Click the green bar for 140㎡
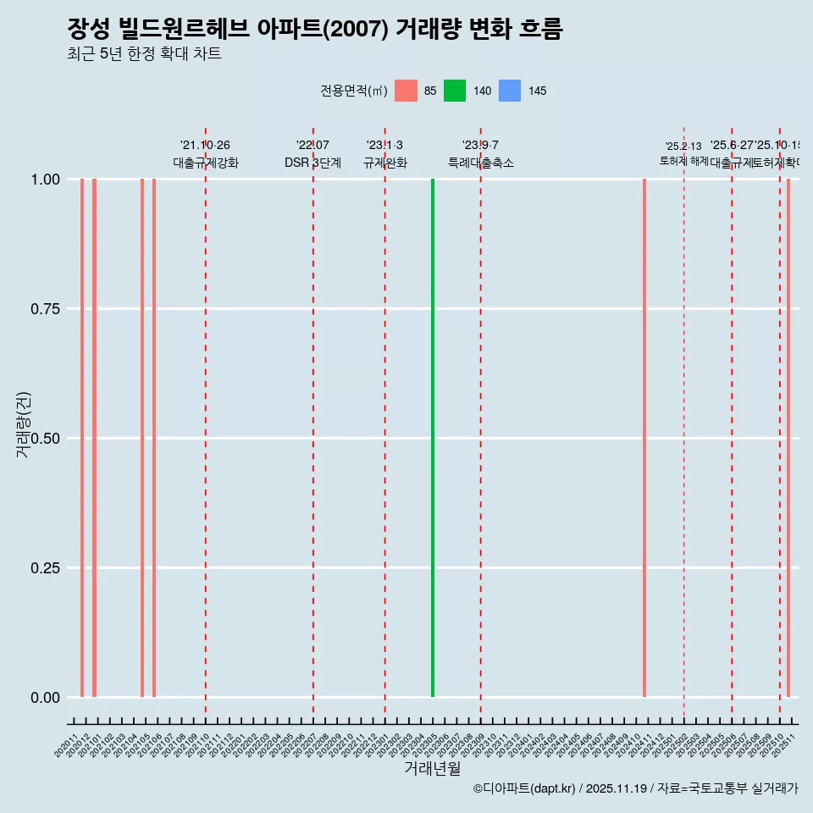433,438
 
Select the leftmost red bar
82,438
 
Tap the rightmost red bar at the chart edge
788,438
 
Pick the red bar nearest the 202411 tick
644,438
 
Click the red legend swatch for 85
406,91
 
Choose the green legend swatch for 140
455,91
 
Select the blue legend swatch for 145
510,91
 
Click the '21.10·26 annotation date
205,146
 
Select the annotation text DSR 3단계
312,163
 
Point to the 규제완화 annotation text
385,163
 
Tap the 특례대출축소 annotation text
481,163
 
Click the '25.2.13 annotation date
683,147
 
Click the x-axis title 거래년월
433,768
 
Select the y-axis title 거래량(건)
24,425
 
